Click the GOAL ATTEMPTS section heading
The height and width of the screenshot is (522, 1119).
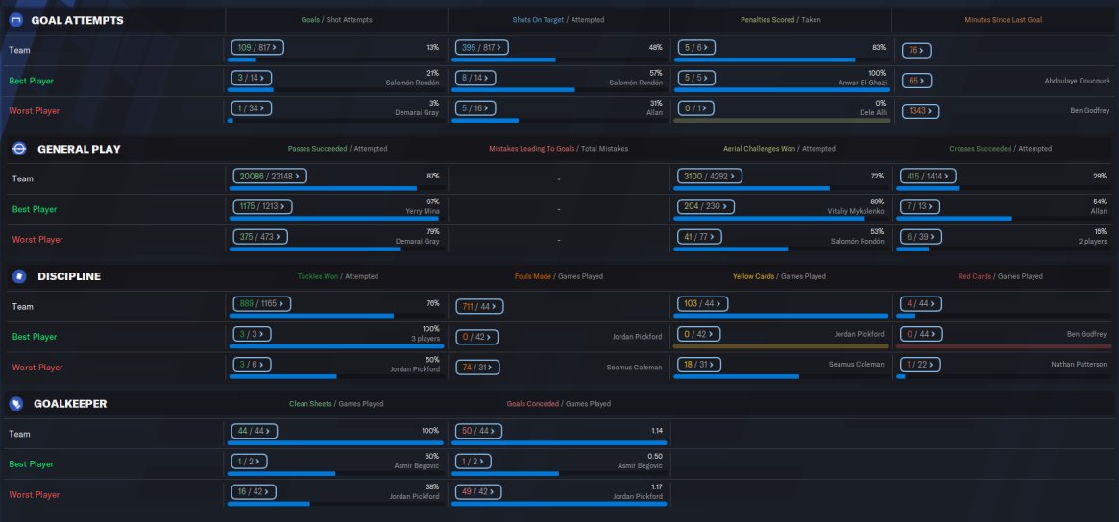pos(77,20)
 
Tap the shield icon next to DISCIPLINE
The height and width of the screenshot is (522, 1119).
pos(19,276)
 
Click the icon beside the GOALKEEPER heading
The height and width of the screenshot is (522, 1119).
pos(15,404)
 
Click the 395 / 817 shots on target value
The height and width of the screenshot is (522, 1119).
pos(479,47)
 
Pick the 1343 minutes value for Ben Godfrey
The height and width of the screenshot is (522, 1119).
pos(919,110)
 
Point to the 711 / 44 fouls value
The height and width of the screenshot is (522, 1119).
pos(476,305)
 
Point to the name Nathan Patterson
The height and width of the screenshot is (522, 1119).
pos(1079,364)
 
